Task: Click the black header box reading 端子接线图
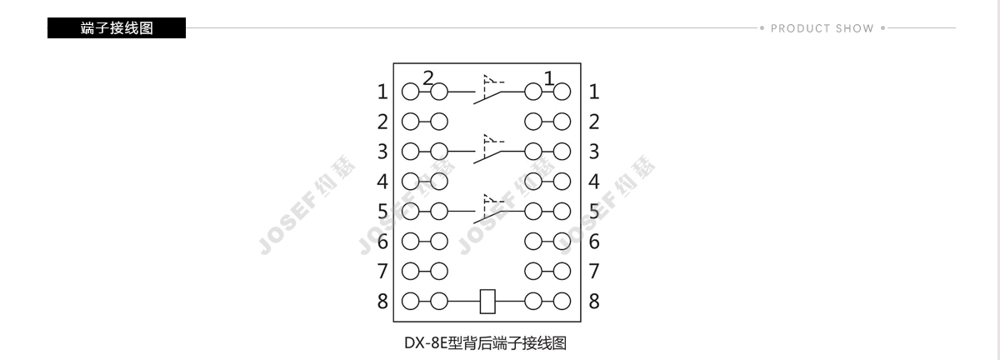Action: (117, 27)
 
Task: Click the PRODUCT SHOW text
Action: (822, 28)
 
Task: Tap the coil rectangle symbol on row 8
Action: (487, 302)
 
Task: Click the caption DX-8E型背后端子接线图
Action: (485, 343)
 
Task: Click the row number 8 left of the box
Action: (382, 302)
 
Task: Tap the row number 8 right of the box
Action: (593, 302)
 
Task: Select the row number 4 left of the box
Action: (382, 182)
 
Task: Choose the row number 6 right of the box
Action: (593, 242)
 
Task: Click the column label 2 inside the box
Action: (428, 78)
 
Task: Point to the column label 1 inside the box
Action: (549, 78)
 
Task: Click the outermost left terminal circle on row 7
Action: (410, 271)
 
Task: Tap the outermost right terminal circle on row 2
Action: (562, 122)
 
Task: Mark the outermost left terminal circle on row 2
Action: (410, 122)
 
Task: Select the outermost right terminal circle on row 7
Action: (562, 271)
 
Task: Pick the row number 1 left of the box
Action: (382, 92)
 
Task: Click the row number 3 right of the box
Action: (593, 152)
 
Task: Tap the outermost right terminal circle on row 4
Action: (562, 182)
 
